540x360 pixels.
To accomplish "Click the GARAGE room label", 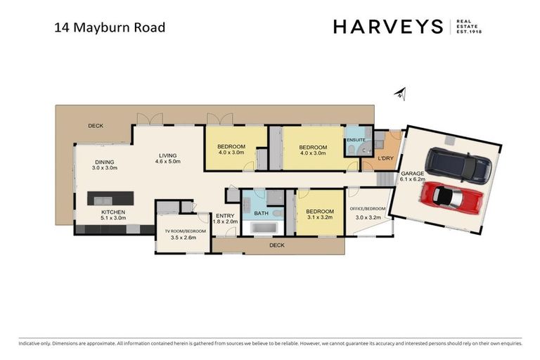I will coord(412,173).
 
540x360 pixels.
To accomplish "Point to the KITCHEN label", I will coord(113,212).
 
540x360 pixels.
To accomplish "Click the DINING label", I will coord(105,162).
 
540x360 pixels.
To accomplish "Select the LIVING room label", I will coord(167,155).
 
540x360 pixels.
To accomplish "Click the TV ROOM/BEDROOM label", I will coord(186,231).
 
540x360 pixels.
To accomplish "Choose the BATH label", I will coord(261,212).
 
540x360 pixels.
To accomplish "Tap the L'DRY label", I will coord(385,159).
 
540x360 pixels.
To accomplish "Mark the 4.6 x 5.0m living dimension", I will coord(167,162).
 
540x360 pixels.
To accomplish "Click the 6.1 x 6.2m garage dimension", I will coord(412,179).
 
